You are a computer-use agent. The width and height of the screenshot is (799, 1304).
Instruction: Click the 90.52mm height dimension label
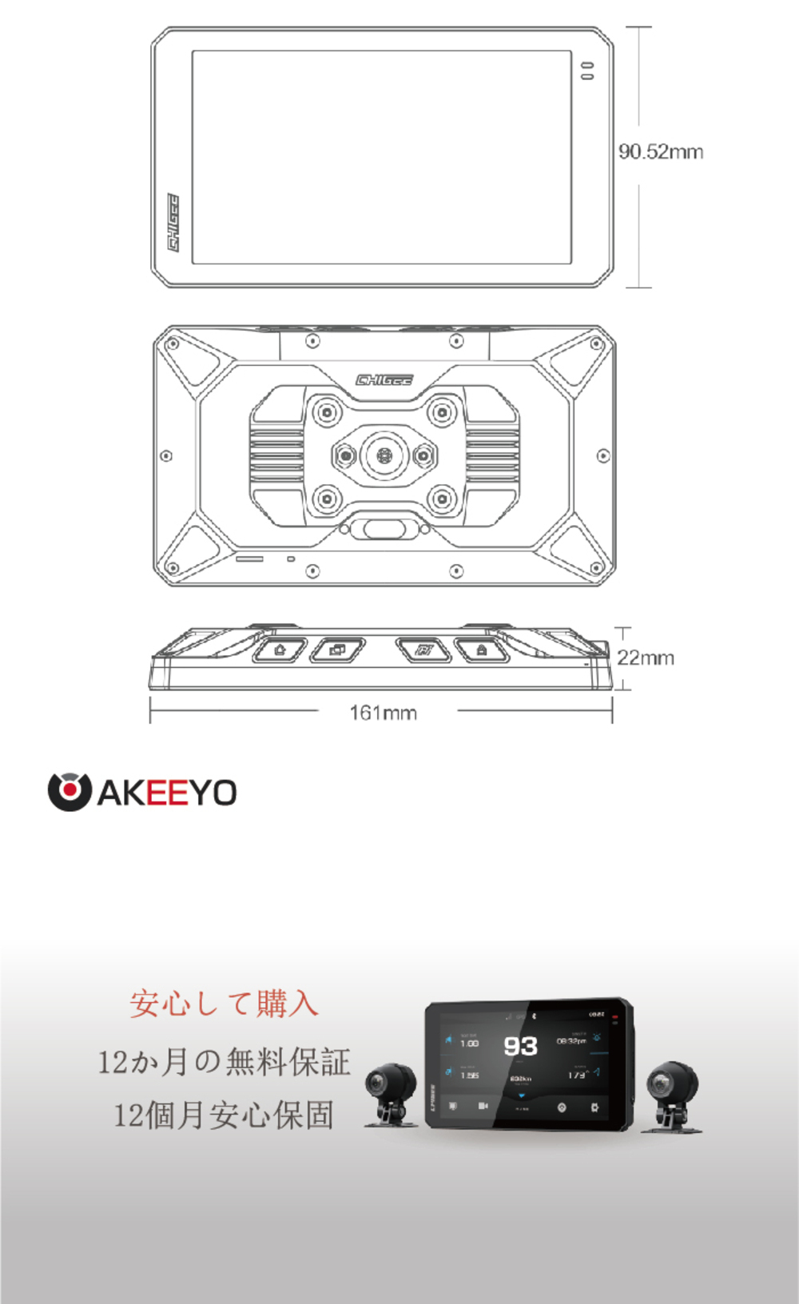661,152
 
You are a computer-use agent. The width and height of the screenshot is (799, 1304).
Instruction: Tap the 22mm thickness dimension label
646,658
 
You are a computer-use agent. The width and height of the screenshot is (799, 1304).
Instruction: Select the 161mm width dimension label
384,712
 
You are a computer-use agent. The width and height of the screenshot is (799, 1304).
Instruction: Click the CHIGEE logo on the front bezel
173,222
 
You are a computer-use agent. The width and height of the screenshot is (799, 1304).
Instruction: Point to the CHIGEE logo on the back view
384,380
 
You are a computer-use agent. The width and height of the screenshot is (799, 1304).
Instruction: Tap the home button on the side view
280,650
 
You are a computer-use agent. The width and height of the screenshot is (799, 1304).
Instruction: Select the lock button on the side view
482,650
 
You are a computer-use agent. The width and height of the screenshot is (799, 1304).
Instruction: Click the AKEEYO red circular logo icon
69,792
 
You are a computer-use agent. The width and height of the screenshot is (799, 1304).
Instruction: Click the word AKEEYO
167,793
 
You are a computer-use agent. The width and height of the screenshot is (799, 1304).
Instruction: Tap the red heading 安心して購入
224,1004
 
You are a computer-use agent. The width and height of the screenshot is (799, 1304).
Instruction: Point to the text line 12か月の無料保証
224,1062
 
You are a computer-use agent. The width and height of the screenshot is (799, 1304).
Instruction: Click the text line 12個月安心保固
224,1115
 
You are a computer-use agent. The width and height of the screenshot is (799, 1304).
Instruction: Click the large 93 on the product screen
520,1046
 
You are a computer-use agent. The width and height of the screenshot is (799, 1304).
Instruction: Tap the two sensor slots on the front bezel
587,71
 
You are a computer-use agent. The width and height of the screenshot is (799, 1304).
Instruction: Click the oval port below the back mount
384,528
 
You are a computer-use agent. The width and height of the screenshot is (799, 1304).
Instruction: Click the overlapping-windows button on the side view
337,650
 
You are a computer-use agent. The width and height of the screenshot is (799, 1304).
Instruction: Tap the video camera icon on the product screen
483,1106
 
